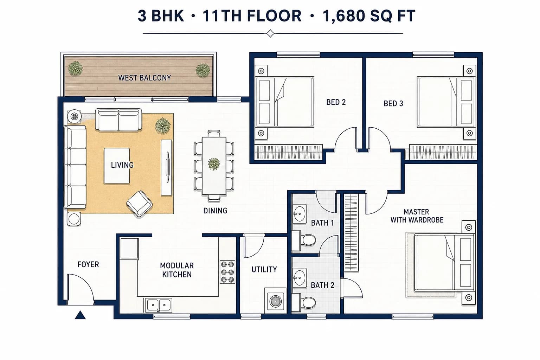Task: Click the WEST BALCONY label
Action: coord(144,78)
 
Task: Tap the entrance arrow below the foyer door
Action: coord(80,315)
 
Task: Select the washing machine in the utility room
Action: coord(275,301)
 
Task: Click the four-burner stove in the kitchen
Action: coord(227,272)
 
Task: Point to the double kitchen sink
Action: coord(159,305)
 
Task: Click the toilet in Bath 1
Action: coord(304,239)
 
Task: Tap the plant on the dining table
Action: coord(214,164)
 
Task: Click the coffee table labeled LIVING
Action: coord(117,166)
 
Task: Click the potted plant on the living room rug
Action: coord(163,126)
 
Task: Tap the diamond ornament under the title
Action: coord(270,33)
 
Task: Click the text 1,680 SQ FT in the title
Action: coord(369,16)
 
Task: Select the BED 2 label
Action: coord(336,102)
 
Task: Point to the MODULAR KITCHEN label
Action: coord(177,270)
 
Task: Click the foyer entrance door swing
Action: coord(81,289)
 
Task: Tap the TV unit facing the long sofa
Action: coord(167,167)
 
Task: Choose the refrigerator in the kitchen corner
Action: coord(129,249)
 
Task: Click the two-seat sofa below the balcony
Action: coord(118,120)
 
